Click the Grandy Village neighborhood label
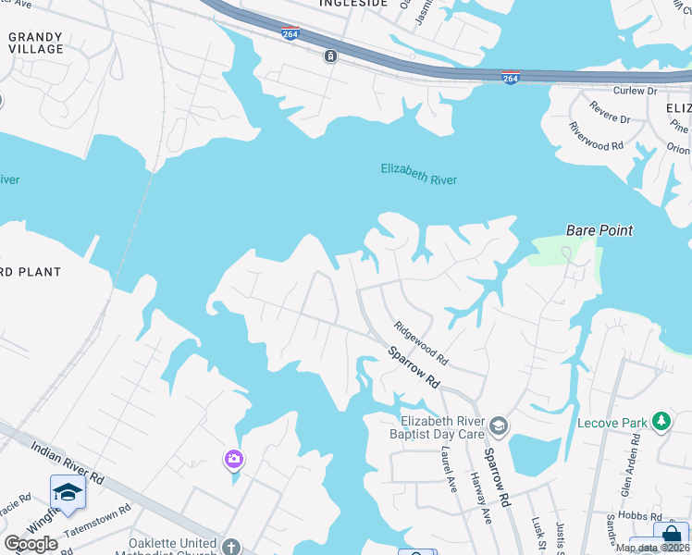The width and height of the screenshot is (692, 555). click(36, 43)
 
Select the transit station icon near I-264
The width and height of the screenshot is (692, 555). click(330, 56)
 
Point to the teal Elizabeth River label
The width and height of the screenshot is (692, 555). click(419, 173)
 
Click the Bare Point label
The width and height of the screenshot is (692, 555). click(599, 229)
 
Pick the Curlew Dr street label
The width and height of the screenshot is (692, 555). click(635, 91)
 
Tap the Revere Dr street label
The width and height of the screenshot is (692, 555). click(611, 119)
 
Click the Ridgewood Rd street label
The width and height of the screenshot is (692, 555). click(421, 342)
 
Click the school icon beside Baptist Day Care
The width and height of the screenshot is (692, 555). click(499, 425)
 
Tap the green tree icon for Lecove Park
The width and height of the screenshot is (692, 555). click(661, 422)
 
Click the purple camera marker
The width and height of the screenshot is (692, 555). click(233, 458)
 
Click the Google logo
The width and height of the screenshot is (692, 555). click(31, 544)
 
